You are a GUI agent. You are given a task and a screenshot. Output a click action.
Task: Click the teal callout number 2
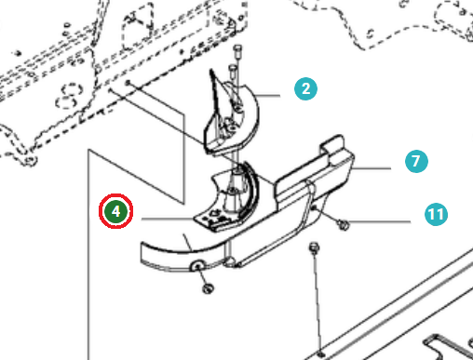[x=305, y=89]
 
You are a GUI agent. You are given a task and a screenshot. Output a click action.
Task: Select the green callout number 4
[x=115, y=211]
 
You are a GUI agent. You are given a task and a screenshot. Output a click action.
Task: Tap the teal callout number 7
[x=416, y=161]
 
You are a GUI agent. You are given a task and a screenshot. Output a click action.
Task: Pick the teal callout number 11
[x=436, y=214]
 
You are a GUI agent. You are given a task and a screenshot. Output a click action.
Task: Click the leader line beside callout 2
[x=268, y=96]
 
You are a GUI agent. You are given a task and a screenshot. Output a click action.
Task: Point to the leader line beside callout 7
[x=372, y=168]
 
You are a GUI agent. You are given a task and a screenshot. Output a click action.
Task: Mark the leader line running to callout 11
[x=380, y=221]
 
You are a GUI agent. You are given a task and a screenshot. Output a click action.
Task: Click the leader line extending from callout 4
[x=168, y=219]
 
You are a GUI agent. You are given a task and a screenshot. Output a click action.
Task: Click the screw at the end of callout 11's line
[x=343, y=224]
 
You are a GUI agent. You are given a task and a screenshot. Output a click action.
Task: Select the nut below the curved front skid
[x=208, y=288]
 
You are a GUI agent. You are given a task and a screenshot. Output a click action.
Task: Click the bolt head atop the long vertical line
[x=315, y=247]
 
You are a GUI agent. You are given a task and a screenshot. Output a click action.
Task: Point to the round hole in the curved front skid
[x=197, y=266]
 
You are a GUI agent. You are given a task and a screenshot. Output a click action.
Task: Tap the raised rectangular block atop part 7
[x=332, y=145]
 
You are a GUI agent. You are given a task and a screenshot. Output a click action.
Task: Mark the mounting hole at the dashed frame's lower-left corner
[x=30, y=161]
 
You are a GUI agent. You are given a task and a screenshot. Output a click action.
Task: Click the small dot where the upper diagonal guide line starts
[x=128, y=83]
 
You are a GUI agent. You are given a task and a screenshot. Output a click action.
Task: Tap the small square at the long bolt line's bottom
[x=321, y=353]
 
